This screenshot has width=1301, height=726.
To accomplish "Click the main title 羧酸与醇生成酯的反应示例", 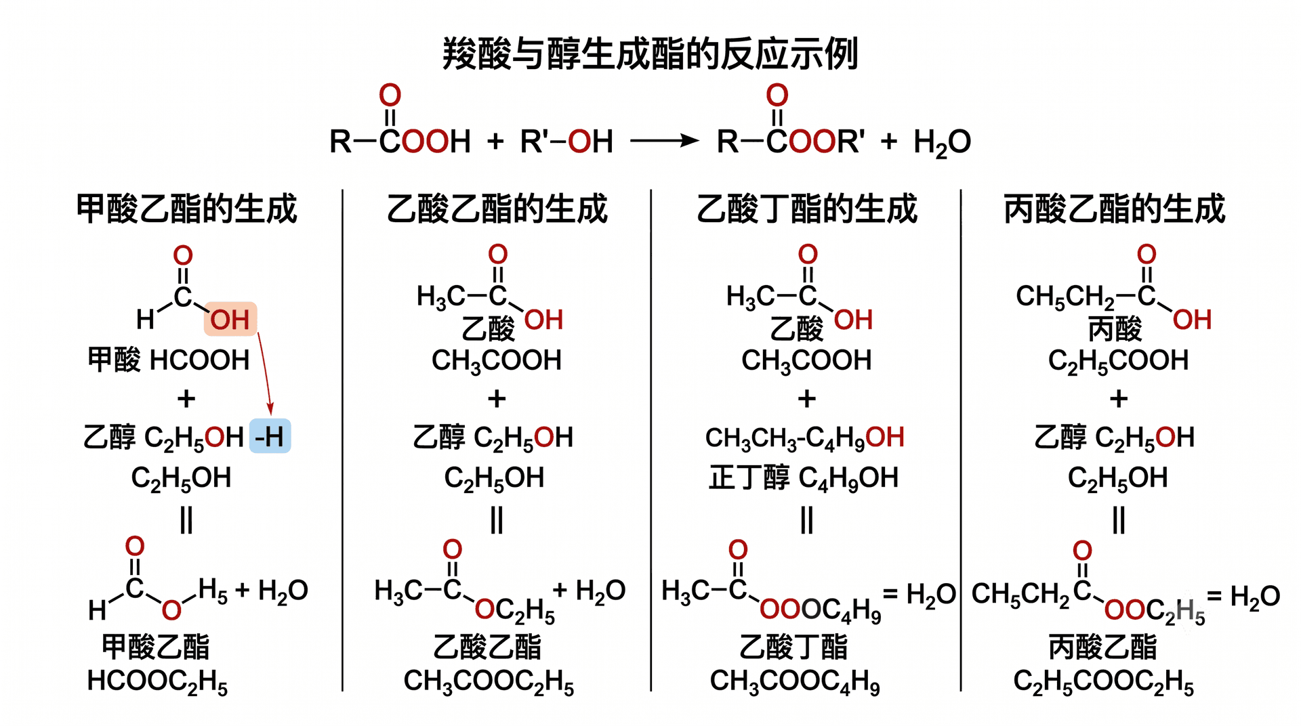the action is click(650, 54).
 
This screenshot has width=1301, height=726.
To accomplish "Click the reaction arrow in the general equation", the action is click(664, 141).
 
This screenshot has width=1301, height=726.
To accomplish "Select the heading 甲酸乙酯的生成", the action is click(186, 209).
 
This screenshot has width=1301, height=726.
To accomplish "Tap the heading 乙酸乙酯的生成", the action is click(497, 209).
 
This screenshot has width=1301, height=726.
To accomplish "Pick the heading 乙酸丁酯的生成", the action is click(807, 209).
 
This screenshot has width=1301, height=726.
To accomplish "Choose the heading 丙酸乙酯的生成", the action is click(1115, 209).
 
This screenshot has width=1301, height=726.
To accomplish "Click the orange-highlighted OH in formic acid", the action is click(230, 319).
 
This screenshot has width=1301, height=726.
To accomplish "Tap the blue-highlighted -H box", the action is click(270, 437).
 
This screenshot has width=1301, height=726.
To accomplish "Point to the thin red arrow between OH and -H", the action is click(265, 374).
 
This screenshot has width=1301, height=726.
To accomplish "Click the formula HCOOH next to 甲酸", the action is click(200, 360).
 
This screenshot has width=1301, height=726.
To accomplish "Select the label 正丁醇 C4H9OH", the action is click(804, 478).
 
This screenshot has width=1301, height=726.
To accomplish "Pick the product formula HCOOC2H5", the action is click(157, 682).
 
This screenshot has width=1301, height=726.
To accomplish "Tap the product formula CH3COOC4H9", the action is click(795, 682).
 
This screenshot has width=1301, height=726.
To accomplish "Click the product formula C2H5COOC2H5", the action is click(1103, 682).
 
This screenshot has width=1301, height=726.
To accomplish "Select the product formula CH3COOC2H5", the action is click(489, 682).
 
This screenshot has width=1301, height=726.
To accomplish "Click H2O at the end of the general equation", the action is click(942, 143).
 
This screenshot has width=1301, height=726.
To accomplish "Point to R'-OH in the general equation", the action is click(566, 142).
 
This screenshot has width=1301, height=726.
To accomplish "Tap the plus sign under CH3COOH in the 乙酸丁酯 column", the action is click(806, 399).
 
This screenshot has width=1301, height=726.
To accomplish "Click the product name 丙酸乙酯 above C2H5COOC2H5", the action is click(1102, 647).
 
